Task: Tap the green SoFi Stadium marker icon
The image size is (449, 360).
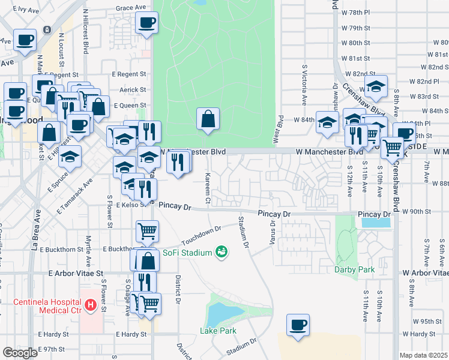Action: click(221, 251)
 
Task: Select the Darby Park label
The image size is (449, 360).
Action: click(354, 269)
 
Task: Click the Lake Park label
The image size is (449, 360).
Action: click(218, 331)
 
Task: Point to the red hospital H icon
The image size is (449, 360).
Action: click(91, 306)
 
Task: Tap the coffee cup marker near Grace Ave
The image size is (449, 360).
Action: click(146, 24)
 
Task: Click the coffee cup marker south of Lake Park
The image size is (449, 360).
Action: click(298, 325)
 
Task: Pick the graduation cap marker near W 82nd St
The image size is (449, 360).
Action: click(376, 86)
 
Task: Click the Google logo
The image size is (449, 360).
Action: click(20, 353)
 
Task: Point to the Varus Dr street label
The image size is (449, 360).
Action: click(273, 231)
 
